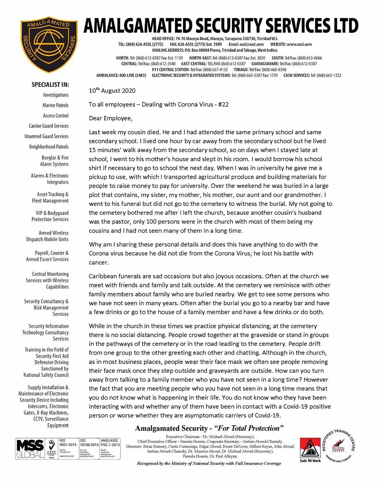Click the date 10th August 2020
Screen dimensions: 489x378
tap(112, 90)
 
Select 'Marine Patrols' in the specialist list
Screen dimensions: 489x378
tap(55, 105)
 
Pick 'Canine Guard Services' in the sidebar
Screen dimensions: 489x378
tap(48, 126)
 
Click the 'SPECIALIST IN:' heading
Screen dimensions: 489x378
tap(50, 84)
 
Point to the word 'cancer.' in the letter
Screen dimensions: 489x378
tap(99, 262)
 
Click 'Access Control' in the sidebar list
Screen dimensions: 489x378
tap(55, 116)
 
